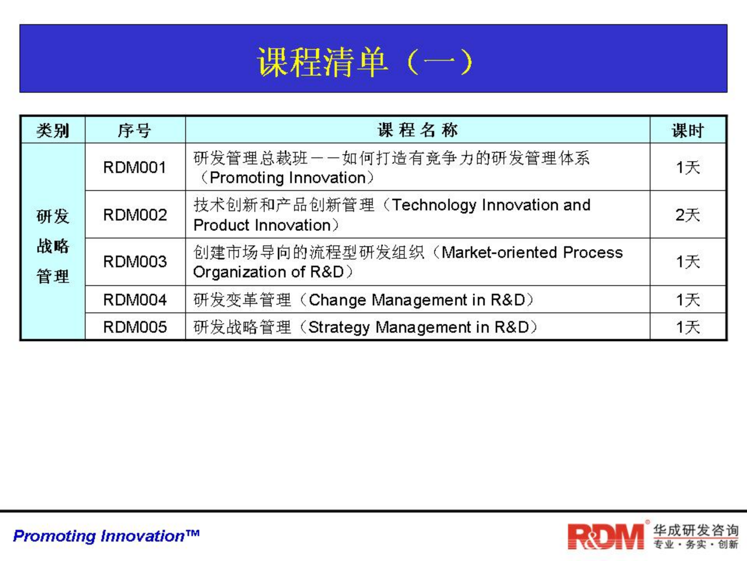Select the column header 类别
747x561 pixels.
[53, 130]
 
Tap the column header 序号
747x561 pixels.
[135, 130]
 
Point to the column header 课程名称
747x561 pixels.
[417, 130]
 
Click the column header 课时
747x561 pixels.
[687, 130]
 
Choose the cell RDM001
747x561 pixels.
[135, 168]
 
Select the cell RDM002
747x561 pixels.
[135, 215]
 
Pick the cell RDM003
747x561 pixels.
[135, 261]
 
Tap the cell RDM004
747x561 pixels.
[135, 300]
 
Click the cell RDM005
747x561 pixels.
[135, 327]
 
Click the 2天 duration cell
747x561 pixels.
[687, 215]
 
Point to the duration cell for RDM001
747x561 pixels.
[687, 168]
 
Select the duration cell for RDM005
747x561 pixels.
[687, 327]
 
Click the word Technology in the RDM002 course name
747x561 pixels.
[434, 205]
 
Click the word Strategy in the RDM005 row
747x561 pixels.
[339, 327]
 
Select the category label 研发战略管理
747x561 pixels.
[53, 246]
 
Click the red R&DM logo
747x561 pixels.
[605, 536]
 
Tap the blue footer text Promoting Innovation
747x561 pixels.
[106, 536]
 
